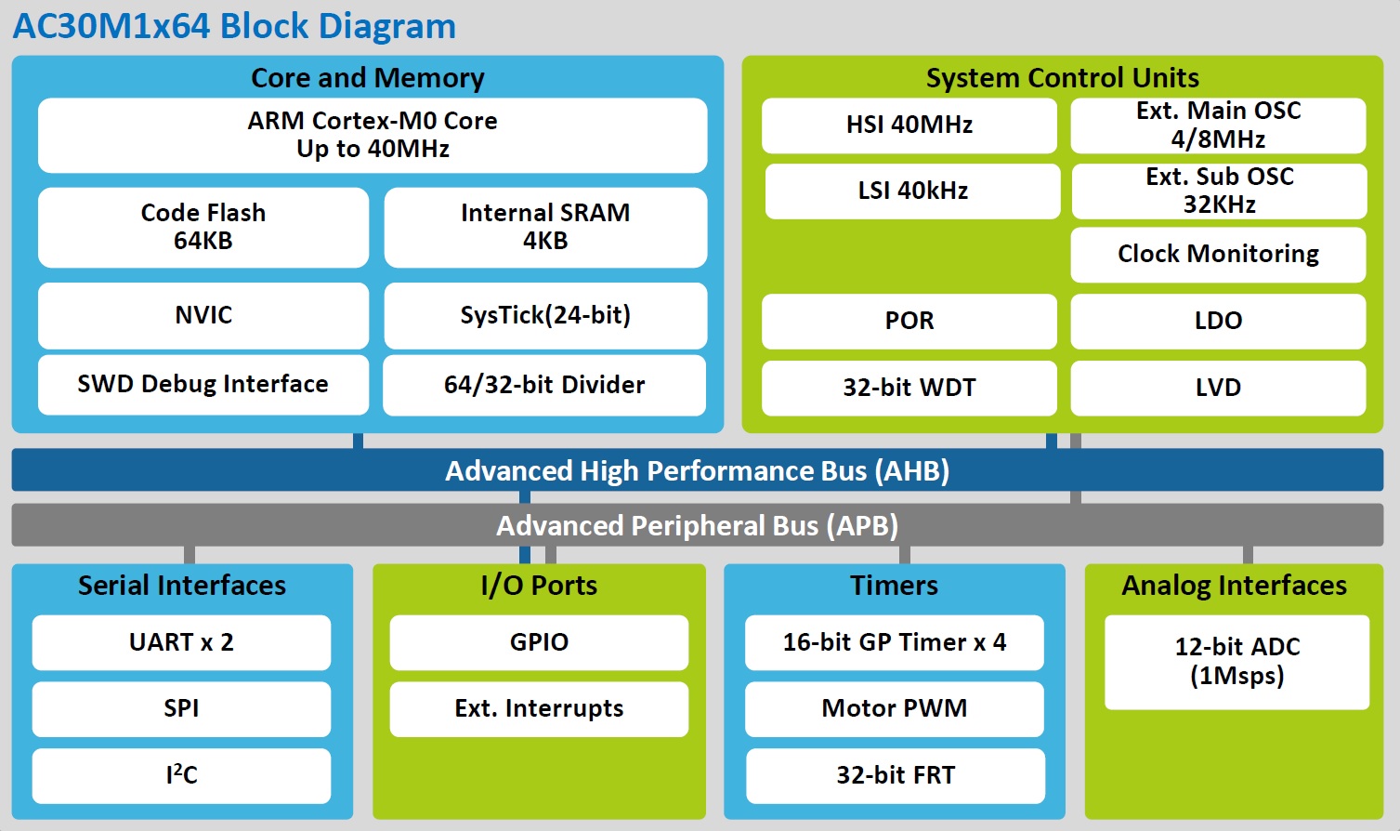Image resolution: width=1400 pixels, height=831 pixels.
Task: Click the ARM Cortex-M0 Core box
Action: (372, 135)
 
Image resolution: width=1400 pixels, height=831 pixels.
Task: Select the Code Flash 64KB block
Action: (203, 227)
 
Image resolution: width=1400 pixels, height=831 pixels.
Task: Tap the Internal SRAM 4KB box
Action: (545, 227)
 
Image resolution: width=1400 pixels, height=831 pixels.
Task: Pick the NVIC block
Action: (203, 315)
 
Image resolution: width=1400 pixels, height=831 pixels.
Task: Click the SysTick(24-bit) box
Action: (545, 315)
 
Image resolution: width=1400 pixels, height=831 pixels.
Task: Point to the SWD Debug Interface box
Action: (203, 384)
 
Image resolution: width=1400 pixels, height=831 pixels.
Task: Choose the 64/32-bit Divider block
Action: (544, 385)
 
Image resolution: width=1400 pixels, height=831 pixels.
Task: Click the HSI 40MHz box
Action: (909, 125)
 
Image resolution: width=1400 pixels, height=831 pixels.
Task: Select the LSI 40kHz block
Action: (912, 191)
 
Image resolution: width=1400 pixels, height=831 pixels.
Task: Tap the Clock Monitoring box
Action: (1218, 254)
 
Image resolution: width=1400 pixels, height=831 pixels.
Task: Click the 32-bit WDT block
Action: (909, 388)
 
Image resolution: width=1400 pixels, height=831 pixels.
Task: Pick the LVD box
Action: (1218, 388)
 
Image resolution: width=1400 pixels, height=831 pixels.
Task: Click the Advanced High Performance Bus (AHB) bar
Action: (697, 470)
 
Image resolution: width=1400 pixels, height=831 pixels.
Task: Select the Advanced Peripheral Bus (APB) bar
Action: (697, 525)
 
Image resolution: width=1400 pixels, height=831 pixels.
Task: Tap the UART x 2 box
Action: (181, 642)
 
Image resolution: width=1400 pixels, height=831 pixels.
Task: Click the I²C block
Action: (181, 775)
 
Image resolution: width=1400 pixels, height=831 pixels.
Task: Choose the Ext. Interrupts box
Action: (539, 708)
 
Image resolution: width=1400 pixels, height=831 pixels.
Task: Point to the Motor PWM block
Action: (894, 708)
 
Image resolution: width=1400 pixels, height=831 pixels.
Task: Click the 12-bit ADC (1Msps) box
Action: (1236, 661)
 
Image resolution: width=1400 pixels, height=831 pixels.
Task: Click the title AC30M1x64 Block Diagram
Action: (234, 26)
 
